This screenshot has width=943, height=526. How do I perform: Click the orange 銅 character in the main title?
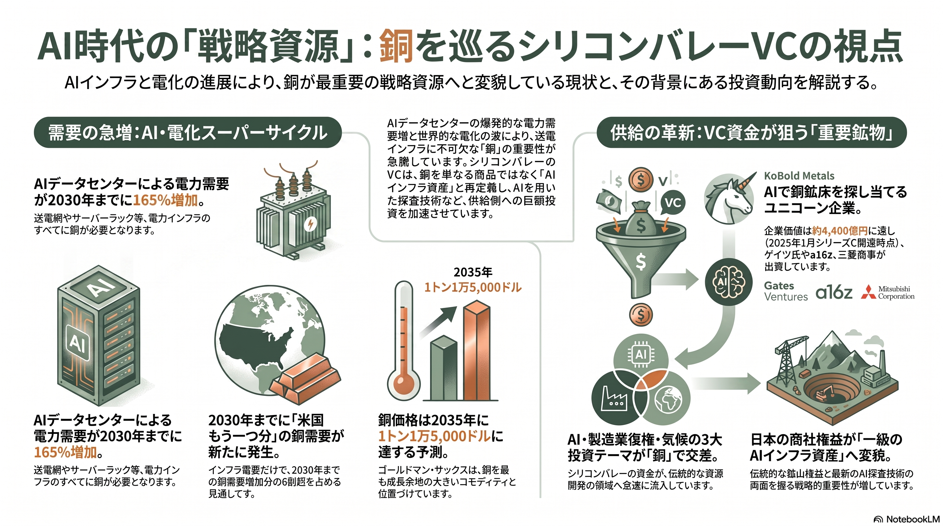click(395, 47)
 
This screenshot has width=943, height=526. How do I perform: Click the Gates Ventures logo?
click(786, 291)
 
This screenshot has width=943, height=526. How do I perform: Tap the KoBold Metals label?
click(799, 176)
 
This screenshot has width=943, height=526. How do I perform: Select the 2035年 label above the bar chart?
click(473, 272)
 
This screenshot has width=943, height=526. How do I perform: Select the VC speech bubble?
click(672, 203)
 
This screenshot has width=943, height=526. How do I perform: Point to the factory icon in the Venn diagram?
click(614, 398)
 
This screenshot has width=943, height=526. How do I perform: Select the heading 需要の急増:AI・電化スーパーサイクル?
click(187, 133)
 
